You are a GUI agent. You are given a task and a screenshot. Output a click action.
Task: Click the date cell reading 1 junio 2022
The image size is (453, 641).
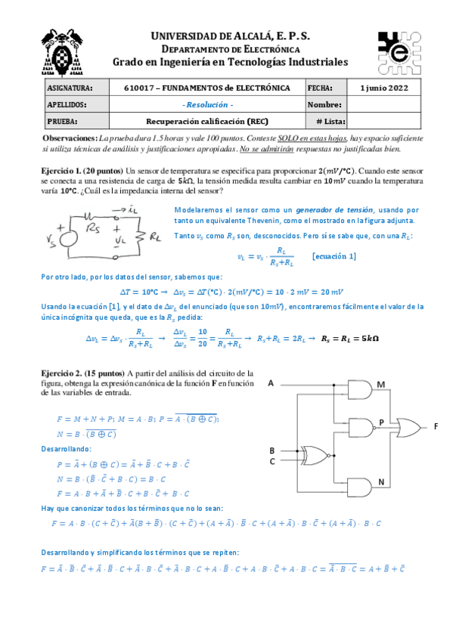[x=385, y=88]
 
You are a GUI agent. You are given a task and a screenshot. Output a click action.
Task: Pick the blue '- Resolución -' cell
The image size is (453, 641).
[x=208, y=104]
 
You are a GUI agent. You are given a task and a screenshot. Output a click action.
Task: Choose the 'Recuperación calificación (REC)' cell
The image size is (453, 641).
[x=208, y=120]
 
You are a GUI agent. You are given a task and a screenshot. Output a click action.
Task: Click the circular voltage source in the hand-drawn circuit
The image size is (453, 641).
[x=65, y=236]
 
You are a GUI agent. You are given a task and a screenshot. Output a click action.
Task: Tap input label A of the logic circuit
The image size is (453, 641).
[x=271, y=384]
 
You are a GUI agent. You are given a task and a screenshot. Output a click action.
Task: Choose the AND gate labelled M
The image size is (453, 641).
[x=358, y=390]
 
